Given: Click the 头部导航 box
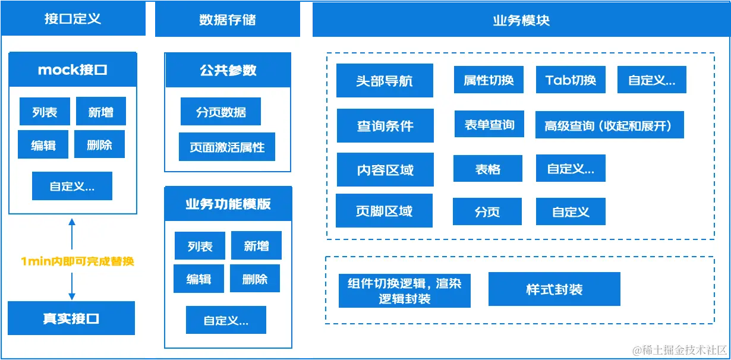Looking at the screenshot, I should (x=385, y=81).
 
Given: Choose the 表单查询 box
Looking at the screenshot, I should (x=489, y=125).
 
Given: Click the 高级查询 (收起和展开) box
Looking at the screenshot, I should (x=610, y=125).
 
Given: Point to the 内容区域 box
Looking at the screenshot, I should (x=385, y=170).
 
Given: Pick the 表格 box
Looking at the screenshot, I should (x=487, y=169).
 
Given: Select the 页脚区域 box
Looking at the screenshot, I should (x=384, y=211).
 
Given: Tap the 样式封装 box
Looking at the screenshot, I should (x=554, y=289).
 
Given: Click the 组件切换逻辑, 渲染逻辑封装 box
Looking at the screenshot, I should (x=404, y=290).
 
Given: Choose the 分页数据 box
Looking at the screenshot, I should (x=220, y=112).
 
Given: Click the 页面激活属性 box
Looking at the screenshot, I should (x=227, y=147).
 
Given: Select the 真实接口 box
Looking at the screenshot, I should (x=71, y=318).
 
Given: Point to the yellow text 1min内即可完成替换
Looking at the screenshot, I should (x=77, y=261).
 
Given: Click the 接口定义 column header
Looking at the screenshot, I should (x=73, y=18).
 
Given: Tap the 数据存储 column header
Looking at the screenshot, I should (x=227, y=19).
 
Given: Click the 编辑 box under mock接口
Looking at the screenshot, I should (x=43, y=145).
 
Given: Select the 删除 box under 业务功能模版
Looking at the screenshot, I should (x=255, y=279).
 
